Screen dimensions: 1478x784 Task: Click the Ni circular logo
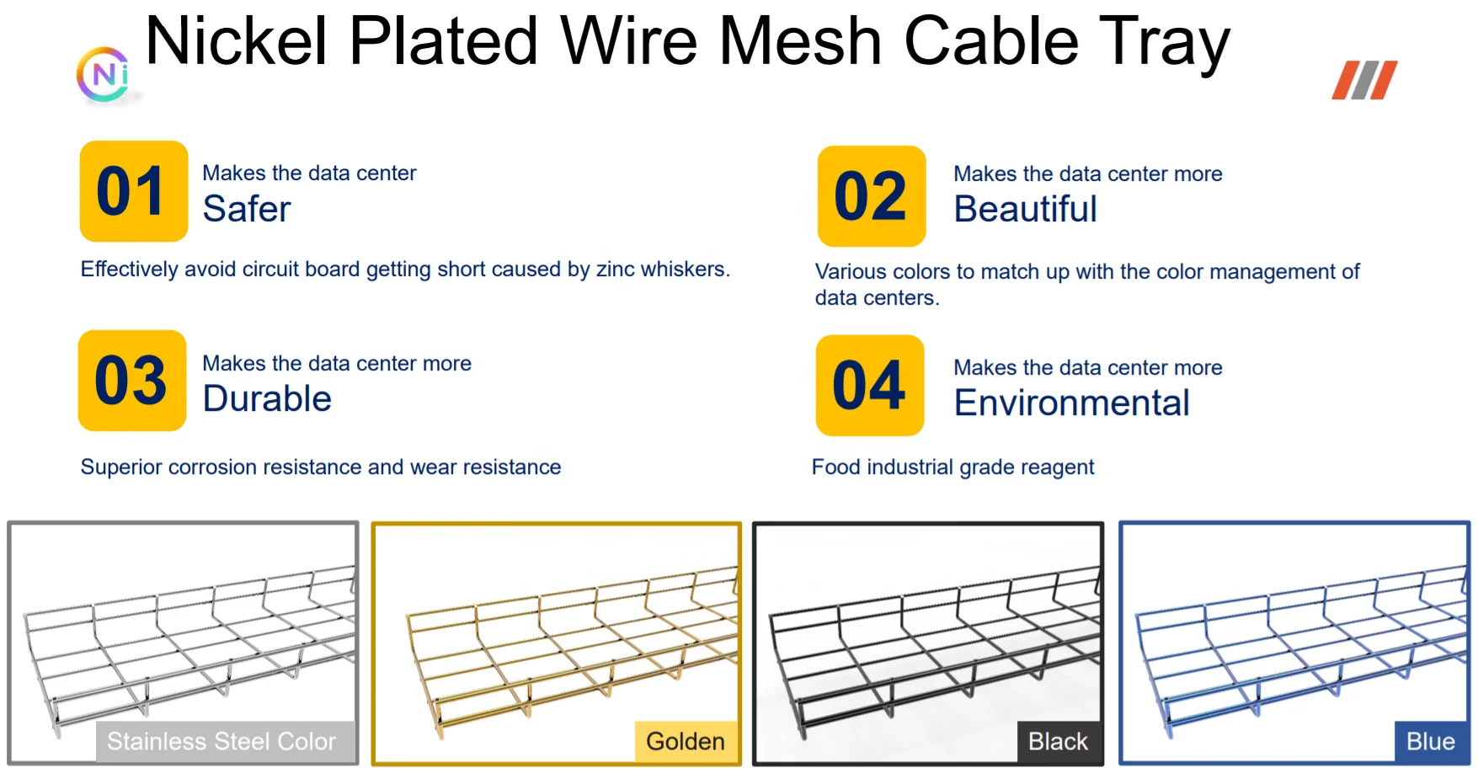pos(104,75)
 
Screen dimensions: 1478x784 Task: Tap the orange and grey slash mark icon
pos(1364,80)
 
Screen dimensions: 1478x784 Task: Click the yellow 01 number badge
pos(133,191)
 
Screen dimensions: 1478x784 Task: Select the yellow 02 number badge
pos(871,196)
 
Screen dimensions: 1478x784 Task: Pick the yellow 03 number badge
pos(131,381)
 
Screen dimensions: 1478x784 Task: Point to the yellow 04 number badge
pos(869,386)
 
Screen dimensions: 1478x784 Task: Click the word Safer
pos(247,209)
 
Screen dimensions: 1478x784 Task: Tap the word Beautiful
pos(1025,209)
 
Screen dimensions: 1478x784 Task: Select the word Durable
pos(267,398)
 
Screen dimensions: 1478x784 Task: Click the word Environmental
pos(1071,403)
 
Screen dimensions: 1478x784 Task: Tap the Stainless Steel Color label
pos(221,741)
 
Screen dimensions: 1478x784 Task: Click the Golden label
pos(686,741)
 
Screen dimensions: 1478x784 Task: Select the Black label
pos(1058,741)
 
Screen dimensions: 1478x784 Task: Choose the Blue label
pos(1430,741)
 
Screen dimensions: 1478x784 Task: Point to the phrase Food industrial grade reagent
pos(952,467)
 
